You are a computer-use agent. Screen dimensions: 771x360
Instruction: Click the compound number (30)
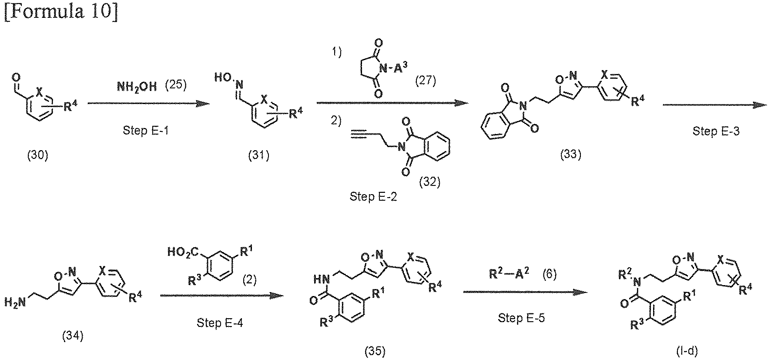pos(37,155)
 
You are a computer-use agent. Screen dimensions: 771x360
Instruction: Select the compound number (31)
pos(258,155)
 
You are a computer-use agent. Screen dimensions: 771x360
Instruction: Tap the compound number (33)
pos(570,154)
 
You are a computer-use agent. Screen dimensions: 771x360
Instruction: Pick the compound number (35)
pos(375,351)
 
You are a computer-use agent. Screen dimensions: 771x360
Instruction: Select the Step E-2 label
pos(373,197)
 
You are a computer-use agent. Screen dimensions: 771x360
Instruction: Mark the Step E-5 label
pos(521,318)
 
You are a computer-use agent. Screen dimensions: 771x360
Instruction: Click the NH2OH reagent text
pos(137,86)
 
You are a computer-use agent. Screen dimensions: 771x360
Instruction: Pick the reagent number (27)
pos(425,80)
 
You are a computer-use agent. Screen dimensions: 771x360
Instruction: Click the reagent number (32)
pos(430,182)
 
